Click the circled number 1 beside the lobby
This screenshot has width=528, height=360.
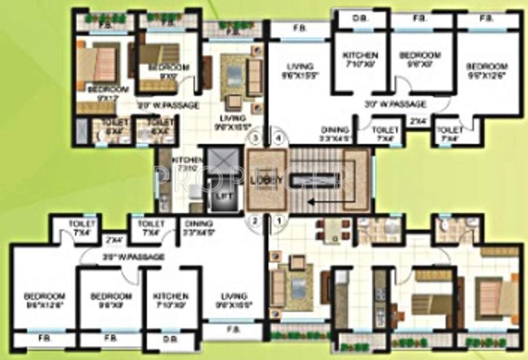(x=279, y=221)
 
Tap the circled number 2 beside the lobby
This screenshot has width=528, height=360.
(x=255, y=221)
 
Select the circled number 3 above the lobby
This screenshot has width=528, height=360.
(x=255, y=139)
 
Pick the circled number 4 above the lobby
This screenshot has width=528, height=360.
(x=279, y=139)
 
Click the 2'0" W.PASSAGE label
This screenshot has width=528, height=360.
(x=168, y=106)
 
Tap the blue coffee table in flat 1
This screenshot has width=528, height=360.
(x=299, y=286)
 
